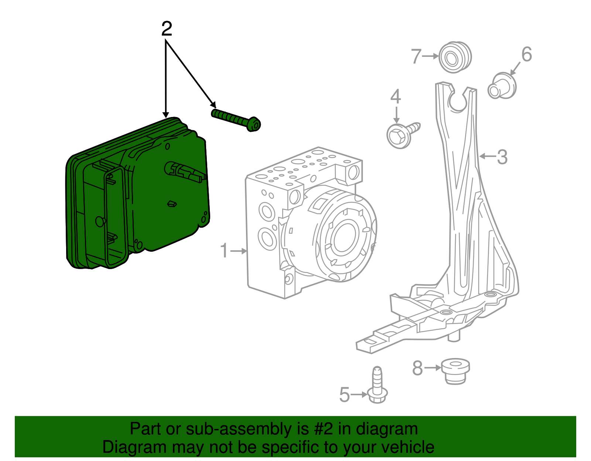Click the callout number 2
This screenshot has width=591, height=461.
click(167, 29)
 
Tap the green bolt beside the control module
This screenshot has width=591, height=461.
click(236, 119)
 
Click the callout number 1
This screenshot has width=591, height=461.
click(224, 251)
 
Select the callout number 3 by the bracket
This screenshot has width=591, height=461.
click(502, 157)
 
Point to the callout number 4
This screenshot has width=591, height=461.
click(396, 97)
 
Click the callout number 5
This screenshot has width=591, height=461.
click(344, 395)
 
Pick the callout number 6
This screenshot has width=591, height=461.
click(526, 54)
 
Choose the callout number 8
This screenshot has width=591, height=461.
click(417, 368)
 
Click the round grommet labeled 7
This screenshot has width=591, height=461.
click(455, 57)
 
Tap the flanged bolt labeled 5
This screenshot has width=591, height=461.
click(377, 386)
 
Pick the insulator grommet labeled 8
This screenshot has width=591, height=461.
click(456, 370)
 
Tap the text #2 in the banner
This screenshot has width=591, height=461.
click(323, 429)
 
